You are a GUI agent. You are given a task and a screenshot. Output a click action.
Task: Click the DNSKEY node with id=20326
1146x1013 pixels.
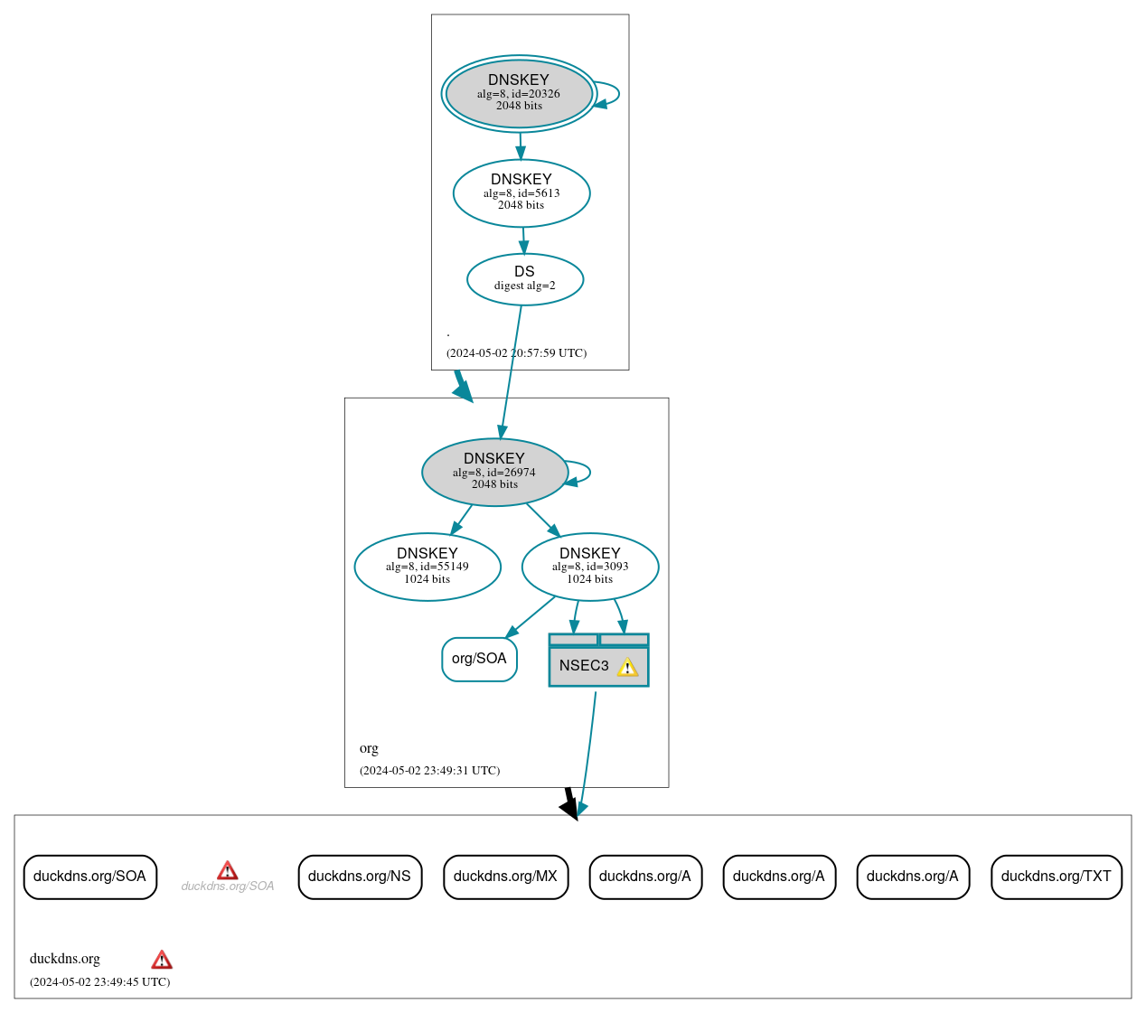[519, 93]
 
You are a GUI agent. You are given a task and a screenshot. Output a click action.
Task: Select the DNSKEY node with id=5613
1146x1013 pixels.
[521, 192]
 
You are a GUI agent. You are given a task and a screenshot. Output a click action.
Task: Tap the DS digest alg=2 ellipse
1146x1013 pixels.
[524, 278]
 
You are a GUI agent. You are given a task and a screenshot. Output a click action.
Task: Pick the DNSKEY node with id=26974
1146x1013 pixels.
[494, 472]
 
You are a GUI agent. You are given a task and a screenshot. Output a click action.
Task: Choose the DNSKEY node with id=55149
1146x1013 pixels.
[427, 567]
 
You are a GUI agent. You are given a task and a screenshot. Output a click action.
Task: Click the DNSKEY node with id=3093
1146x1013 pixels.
[590, 567]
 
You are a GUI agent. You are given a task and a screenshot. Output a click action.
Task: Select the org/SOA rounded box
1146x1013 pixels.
[479, 659]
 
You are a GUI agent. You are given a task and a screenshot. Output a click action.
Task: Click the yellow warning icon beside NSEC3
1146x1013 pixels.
[627, 667]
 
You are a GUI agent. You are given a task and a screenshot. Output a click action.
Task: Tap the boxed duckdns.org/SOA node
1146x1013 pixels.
[89, 877]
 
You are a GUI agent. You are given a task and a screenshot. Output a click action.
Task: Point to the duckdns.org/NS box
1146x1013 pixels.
[360, 877]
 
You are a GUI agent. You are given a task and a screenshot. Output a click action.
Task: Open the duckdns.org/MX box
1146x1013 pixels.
[505, 877]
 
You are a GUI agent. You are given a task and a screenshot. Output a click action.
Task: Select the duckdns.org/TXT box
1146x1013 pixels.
[1056, 877]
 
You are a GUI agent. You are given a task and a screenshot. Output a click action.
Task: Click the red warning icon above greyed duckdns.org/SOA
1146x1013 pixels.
[228, 870]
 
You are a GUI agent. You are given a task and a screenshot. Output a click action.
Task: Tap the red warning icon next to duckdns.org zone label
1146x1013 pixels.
[162, 960]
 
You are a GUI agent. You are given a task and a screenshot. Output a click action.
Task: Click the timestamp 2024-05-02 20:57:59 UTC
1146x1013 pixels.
[516, 353]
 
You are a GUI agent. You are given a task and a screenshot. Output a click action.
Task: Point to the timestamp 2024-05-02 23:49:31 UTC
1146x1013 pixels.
[429, 771]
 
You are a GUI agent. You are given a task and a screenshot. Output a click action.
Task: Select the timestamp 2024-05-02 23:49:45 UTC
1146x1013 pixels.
[99, 982]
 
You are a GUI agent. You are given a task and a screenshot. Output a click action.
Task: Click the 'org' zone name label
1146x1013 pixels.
[369, 748]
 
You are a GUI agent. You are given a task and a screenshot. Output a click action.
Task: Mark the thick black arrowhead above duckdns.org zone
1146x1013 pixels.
[570, 808]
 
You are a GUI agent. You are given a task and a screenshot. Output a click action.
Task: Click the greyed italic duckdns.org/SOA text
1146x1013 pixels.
[228, 886]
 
